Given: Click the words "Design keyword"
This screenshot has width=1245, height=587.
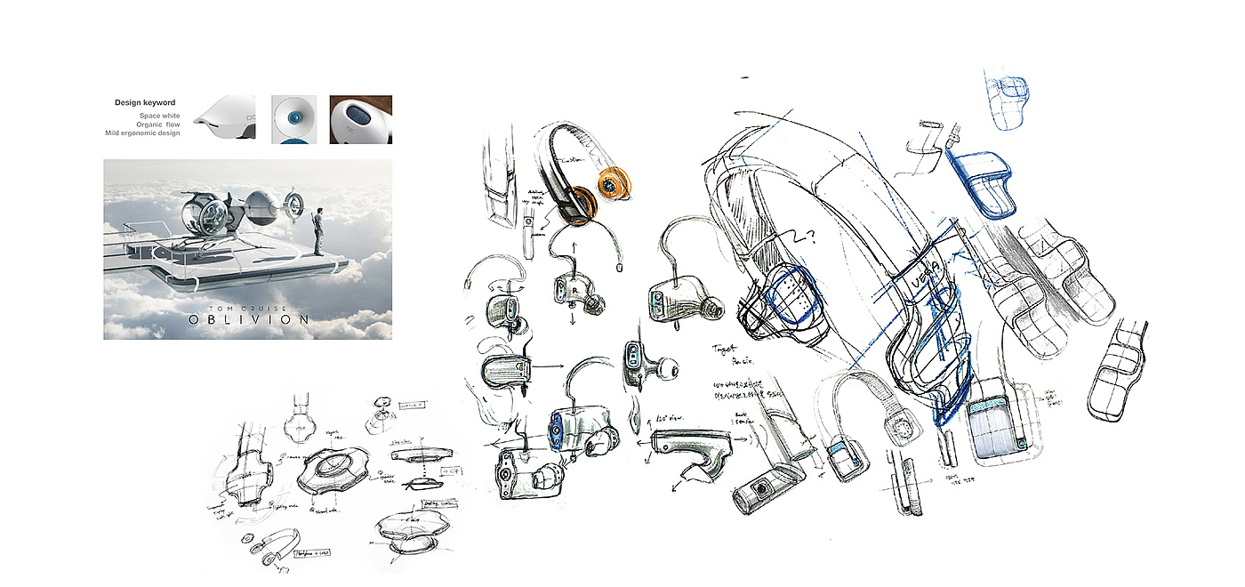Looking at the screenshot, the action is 144,103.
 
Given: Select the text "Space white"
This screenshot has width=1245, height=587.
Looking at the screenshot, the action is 159,116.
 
